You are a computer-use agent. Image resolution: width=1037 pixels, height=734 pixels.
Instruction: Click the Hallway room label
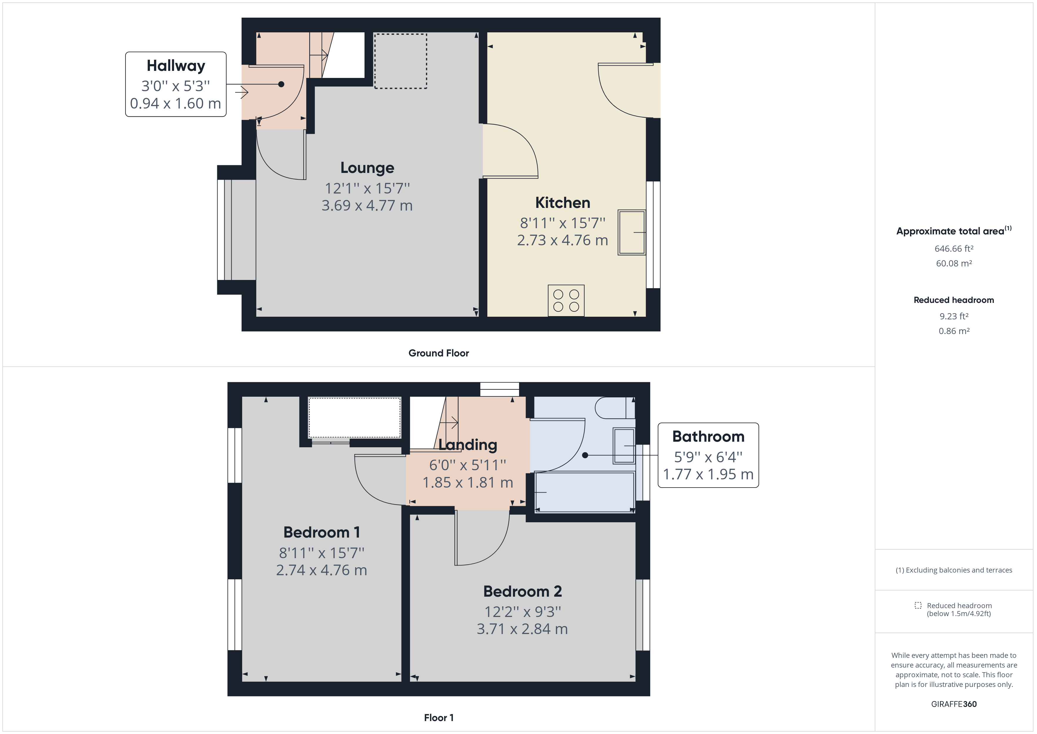[x=176, y=66]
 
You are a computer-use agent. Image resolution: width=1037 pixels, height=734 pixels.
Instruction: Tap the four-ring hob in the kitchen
[x=566, y=301]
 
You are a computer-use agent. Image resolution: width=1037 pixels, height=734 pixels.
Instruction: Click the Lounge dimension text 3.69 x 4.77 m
[x=367, y=206]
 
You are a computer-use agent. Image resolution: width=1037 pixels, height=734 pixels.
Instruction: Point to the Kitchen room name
[x=562, y=203]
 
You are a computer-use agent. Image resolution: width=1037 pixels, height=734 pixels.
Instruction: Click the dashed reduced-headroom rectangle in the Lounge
[x=400, y=61]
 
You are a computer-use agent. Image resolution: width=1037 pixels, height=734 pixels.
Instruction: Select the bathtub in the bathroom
[x=584, y=492]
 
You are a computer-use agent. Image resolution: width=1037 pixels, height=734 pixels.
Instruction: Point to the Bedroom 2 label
[x=522, y=591]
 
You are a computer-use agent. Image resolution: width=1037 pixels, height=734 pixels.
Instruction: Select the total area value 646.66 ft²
[x=954, y=248]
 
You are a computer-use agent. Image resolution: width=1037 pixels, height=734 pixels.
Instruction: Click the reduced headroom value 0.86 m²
[x=954, y=331]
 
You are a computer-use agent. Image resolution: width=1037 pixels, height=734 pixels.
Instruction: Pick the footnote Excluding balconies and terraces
[x=954, y=570]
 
